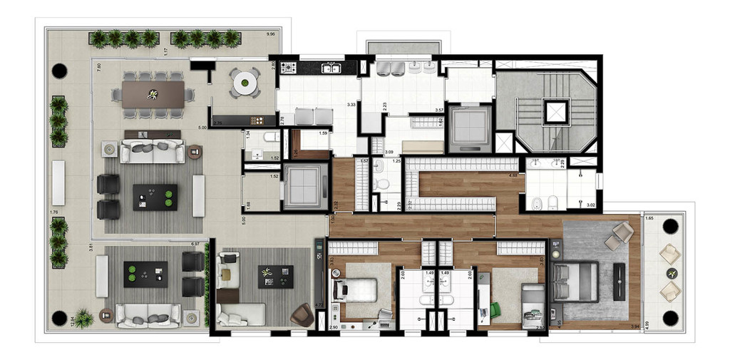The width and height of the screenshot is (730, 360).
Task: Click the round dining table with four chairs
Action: click(x=245, y=83)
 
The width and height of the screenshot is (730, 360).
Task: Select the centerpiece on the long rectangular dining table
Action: click(x=153, y=94)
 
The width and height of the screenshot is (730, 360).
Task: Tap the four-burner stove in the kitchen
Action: click(x=289, y=68)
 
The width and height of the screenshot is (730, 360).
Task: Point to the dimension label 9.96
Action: click(x=270, y=34)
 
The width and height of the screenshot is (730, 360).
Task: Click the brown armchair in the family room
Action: click(x=302, y=314)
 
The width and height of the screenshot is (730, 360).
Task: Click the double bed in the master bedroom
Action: click(x=577, y=282)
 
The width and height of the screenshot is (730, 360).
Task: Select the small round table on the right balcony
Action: click(x=670, y=273)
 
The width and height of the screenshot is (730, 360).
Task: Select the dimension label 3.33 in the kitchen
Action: click(x=351, y=105)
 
